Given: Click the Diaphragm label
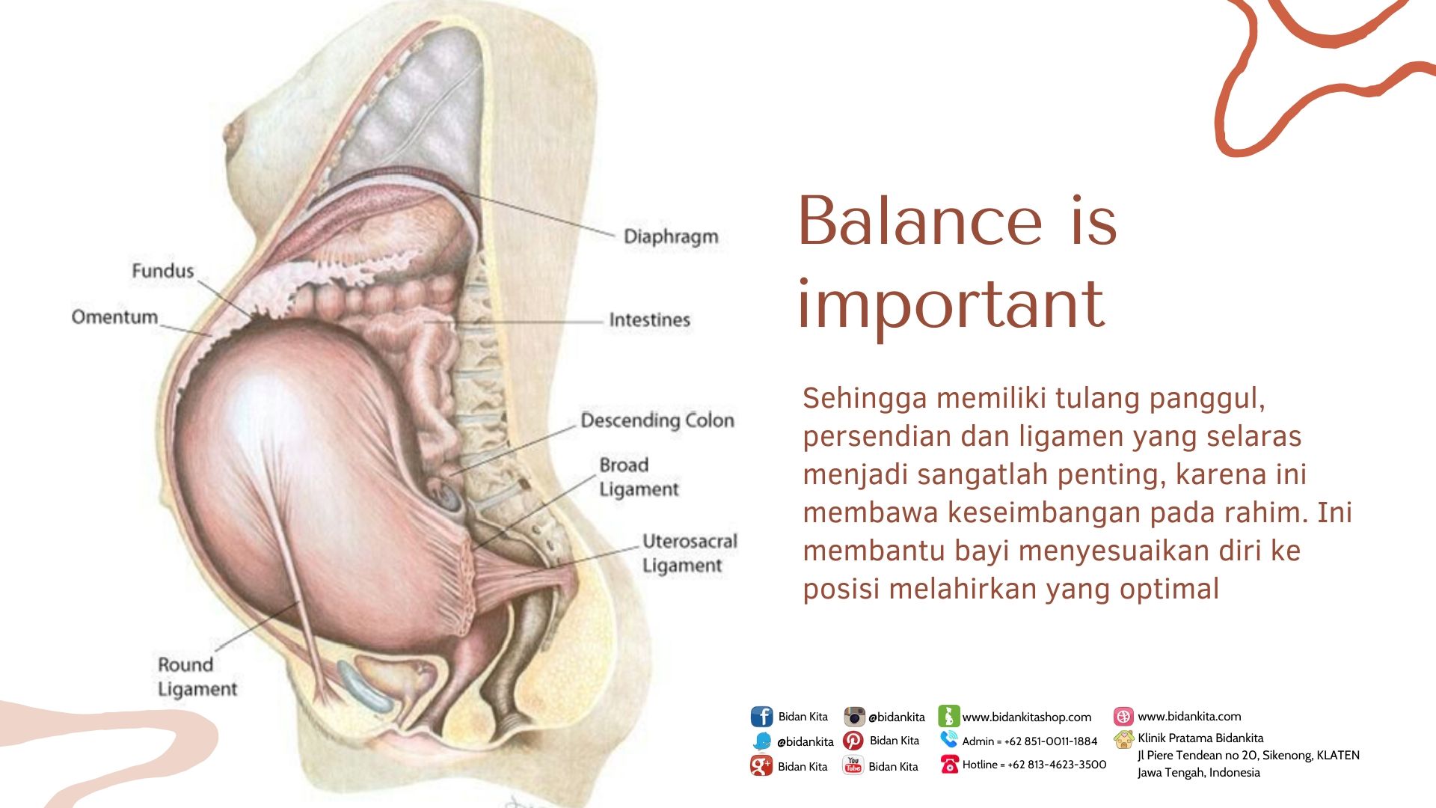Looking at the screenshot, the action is coord(671,236).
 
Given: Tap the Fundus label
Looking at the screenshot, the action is coord(162,271).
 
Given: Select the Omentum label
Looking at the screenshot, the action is coord(114,317).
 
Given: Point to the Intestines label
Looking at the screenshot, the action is coord(649,319).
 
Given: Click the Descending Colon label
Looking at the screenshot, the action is coord(657,420).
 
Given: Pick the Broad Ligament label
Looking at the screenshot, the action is coord(639,477).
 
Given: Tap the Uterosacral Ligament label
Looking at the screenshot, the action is coord(690,553).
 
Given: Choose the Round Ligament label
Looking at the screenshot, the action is coord(197,676).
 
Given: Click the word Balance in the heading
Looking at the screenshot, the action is coord(919,221).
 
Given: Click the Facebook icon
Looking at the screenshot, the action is coord(761,717).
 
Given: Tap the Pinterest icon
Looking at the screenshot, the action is coord(853,741).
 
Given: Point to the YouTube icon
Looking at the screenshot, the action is coord(853,765).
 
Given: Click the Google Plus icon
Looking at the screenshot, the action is coord(761,765).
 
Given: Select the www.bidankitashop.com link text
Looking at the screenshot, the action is coord(1026,717).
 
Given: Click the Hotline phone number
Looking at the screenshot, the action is coord(1057,765).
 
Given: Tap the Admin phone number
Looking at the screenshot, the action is coord(1051,741).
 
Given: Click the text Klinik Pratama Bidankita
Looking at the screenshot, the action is coord(1200,738).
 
